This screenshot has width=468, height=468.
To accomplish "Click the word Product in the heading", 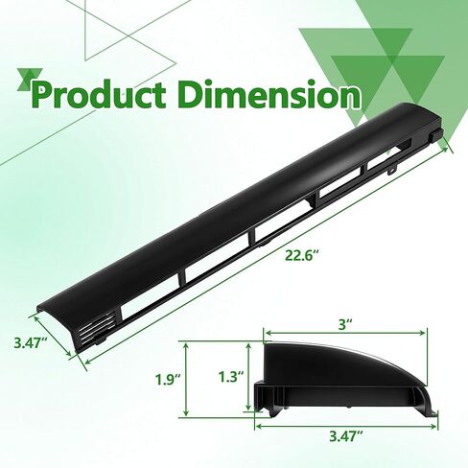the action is [x=99, y=93].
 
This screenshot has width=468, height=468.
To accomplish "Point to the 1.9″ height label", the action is [x=168, y=380].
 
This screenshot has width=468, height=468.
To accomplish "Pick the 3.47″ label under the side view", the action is [x=346, y=436].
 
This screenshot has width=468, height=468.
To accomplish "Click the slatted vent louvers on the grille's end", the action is [x=96, y=326].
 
